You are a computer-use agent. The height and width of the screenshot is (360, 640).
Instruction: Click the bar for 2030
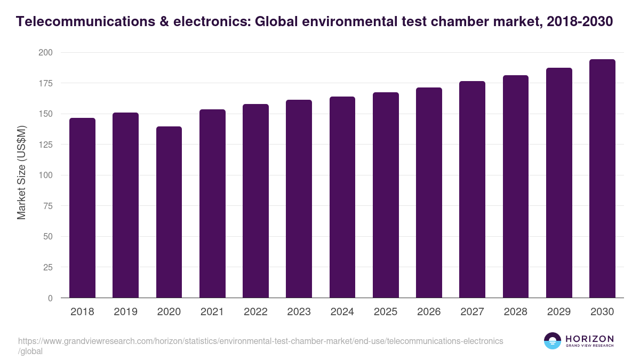602,179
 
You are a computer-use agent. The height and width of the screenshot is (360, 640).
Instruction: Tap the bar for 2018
82,208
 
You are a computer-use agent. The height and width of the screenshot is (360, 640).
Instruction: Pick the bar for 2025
386,195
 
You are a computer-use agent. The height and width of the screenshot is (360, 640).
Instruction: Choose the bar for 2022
255,201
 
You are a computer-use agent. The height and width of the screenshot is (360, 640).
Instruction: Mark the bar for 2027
472,189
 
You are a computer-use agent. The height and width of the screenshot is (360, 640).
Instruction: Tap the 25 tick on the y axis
47,267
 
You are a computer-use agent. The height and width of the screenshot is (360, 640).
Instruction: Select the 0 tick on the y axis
50,298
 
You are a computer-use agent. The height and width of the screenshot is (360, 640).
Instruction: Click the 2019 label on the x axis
125,312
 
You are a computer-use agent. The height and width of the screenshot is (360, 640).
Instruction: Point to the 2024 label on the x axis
342,312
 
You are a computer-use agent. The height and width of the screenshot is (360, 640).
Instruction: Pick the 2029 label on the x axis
559,312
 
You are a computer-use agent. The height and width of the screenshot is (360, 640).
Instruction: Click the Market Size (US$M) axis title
21,172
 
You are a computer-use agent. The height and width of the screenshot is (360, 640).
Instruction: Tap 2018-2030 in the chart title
580,22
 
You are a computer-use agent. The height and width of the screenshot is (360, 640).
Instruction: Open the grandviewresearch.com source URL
260,341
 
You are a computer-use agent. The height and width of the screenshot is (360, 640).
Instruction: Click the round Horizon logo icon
553,341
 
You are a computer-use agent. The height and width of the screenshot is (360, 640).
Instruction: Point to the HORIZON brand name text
589,338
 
